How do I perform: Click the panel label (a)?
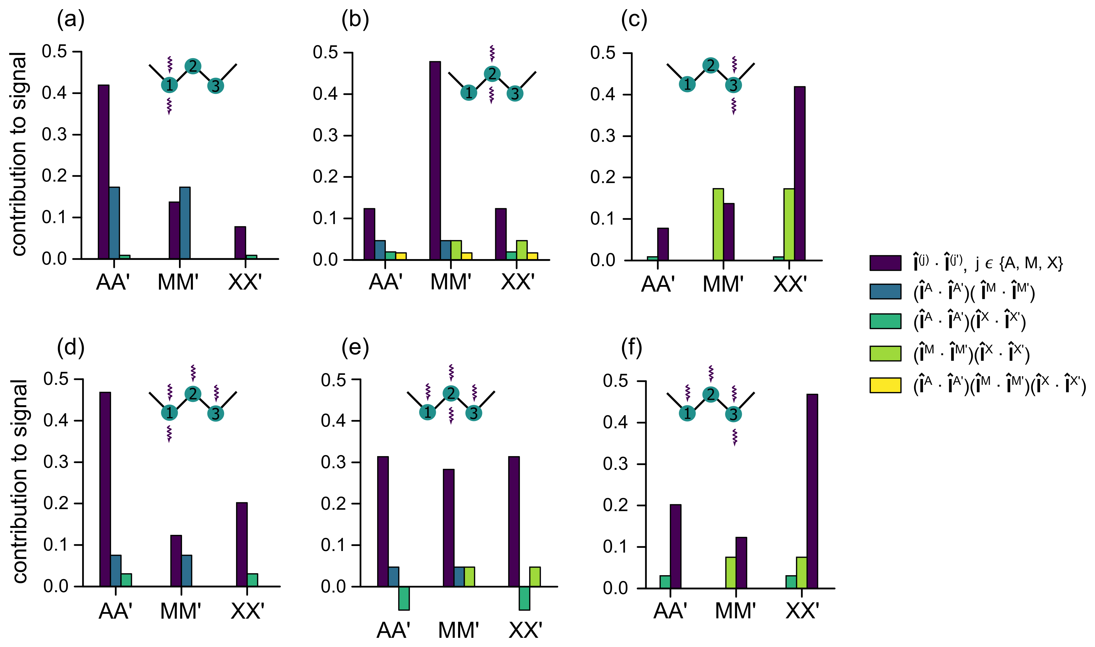pos(71,20)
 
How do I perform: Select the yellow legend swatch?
pos(885,385)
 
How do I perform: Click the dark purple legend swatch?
pos(885,263)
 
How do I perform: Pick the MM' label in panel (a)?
pos(178,282)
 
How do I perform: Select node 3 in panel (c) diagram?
pos(733,85)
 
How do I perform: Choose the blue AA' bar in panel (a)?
pos(114,223)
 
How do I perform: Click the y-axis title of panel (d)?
pos(20,481)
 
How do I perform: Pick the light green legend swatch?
pos(885,354)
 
